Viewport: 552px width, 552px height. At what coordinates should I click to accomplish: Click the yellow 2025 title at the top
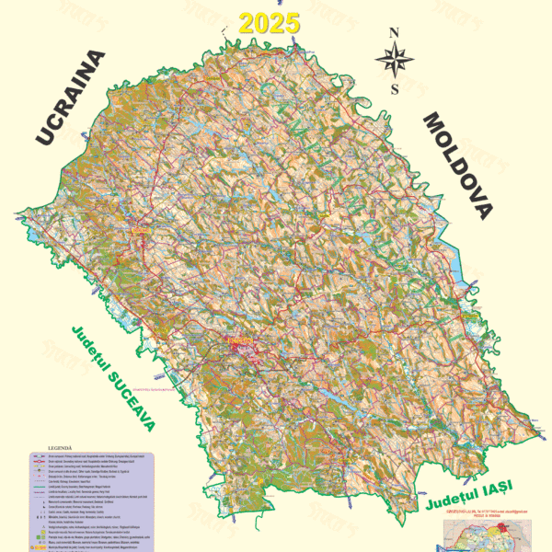click(x=270, y=23)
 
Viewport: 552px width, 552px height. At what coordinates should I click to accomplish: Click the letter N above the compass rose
click(x=394, y=33)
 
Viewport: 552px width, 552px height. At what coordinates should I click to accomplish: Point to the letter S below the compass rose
click(x=394, y=89)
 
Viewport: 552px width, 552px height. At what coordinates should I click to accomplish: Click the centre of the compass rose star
click(x=394, y=61)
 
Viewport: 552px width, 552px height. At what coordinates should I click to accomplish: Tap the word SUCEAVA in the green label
click(x=125, y=395)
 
